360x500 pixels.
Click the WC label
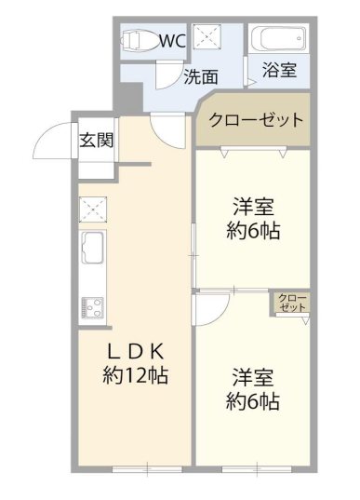(x=173, y=41)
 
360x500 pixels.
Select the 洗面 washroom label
(x=200, y=77)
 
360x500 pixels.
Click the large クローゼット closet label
(x=256, y=120)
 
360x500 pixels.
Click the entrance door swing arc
(x=51, y=142)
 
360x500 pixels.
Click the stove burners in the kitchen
(x=94, y=305)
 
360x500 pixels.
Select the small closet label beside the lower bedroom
(x=292, y=302)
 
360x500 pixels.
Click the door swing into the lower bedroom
(x=209, y=308)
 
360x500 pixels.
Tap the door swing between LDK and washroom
(x=169, y=128)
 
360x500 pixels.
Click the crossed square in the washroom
(x=207, y=37)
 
